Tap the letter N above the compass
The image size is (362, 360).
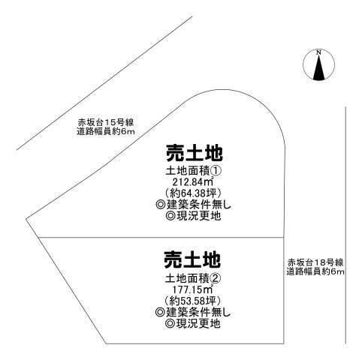point(318,52)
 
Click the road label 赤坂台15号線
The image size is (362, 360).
point(105,122)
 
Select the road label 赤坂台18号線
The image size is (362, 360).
point(315,262)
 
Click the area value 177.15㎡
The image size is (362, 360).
point(192,289)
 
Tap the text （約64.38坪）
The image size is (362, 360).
point(193,193)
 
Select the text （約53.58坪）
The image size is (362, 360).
point(192,301)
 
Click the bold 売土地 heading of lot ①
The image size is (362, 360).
point(195,153)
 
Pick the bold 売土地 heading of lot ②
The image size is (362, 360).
point(192,259)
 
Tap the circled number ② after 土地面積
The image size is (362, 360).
point(216,278)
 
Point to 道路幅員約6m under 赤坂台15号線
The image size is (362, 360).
point(106,131)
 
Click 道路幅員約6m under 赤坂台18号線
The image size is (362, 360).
point(315,271)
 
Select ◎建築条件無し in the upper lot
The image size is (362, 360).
point(193,205)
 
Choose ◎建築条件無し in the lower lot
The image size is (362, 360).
point(192,312)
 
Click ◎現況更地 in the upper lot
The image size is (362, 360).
point(193,216)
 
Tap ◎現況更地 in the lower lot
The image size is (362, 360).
point(193,323)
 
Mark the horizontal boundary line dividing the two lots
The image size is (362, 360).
point(161,237)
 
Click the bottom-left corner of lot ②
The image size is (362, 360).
point(106,343)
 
